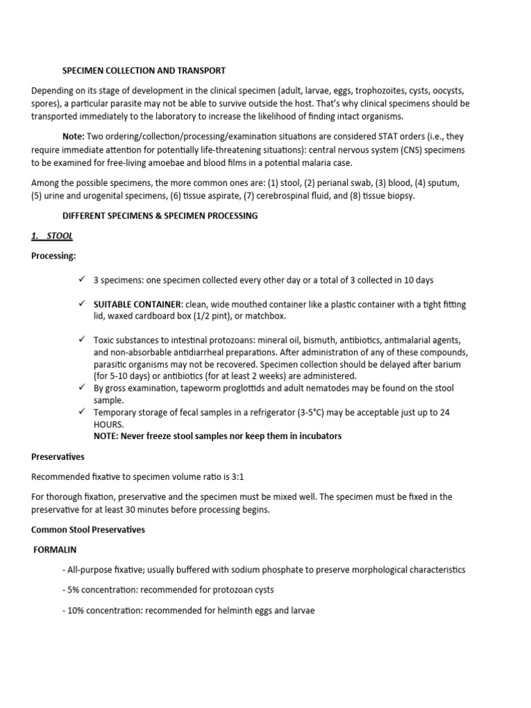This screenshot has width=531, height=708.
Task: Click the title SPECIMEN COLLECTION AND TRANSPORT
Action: (144, 71)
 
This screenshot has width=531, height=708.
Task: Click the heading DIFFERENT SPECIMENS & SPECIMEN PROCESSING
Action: (160, 216)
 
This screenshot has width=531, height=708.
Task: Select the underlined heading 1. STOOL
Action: (52, 236)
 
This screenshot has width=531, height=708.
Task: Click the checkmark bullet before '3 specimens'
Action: (82, 279)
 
